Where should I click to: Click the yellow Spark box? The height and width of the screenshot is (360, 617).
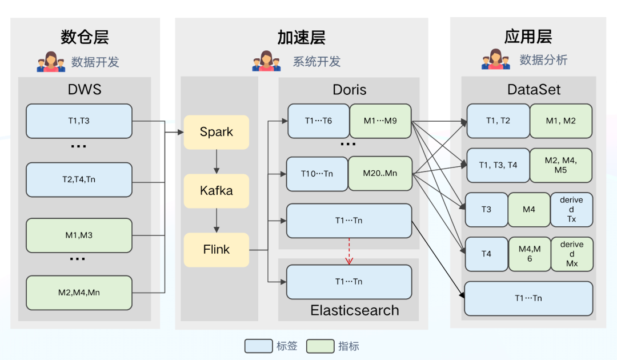(217, 132)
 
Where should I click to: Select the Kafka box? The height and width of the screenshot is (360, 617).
(217, 191)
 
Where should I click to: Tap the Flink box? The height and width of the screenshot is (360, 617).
(217, 250)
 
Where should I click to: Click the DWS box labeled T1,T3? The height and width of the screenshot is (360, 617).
(79, 121)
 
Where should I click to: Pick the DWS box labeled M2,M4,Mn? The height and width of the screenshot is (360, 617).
(79, 293)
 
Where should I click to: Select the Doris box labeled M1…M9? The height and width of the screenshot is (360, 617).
(380, 121)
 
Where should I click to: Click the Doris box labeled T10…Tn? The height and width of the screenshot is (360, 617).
(317, 174)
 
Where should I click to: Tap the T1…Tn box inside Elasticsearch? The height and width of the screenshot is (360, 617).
(349, 282)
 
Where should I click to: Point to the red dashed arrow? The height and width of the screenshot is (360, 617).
(349, 251)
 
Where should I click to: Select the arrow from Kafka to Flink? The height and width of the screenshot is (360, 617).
(217, 221)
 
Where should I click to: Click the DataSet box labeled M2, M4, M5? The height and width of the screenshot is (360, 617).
(561, 166)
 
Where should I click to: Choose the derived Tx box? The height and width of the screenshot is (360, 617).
(571, 210)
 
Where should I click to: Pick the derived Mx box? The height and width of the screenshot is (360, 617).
(571, 254)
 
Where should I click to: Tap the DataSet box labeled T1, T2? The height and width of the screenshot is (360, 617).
(498, 121)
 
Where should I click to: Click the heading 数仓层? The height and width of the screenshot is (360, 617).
(85, 38)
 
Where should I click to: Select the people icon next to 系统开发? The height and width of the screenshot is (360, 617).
(266, 61)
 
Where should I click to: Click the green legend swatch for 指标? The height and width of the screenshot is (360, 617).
(320, 346)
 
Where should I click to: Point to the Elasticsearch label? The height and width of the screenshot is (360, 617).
(354, 310)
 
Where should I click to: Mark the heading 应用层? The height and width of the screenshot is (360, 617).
(528, 37)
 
